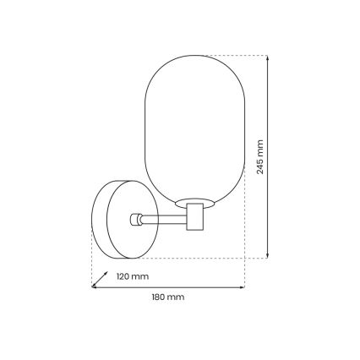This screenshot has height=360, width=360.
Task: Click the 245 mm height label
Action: coord(259,157)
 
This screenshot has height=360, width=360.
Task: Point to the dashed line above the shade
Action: coord(228,56)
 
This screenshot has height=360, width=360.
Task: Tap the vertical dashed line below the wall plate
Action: coord(91,266)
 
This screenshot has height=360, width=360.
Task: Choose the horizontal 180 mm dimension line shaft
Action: coord(169,287)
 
